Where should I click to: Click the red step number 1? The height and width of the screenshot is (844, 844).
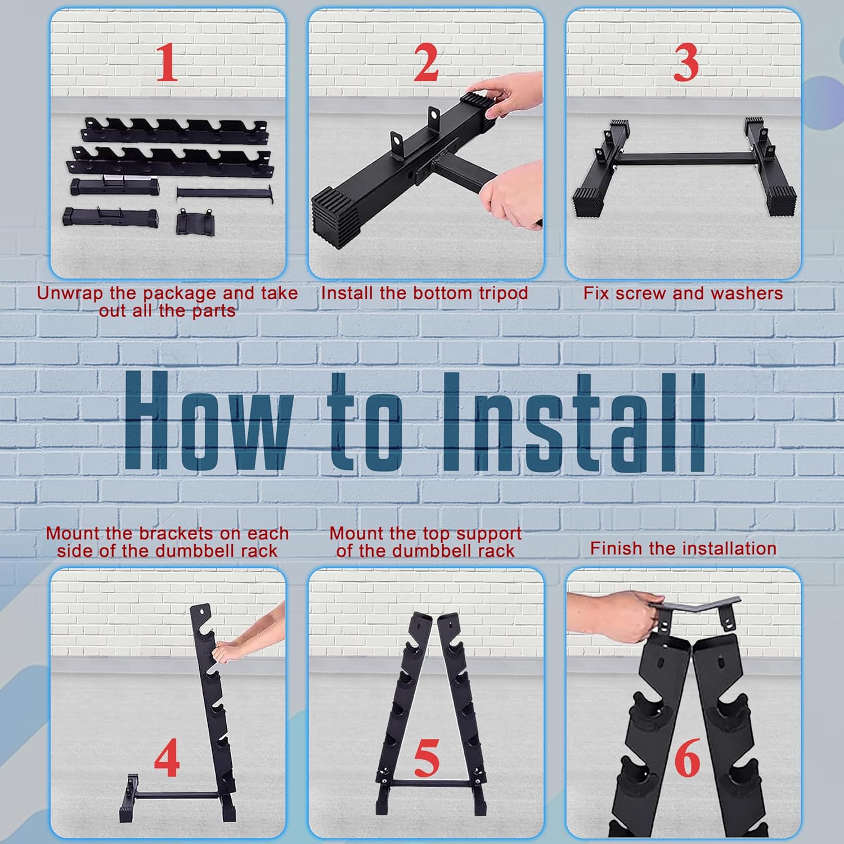click(x=167, y=62)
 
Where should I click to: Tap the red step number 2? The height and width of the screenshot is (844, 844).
click(x=426, y=62)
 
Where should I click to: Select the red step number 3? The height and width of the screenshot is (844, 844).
click(x=686, y=62)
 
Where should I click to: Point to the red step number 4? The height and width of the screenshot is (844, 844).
click(x=167, y=758)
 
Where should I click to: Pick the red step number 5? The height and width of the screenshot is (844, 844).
click(x=427, y=758)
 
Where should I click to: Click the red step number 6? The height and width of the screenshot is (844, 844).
click(x=687, y=758)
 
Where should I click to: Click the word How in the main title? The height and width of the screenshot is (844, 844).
click(x=208, y=420)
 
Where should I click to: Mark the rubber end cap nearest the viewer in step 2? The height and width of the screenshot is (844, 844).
click(x=336, y=217)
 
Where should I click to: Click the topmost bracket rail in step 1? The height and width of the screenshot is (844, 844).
click(x=175, y=131)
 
